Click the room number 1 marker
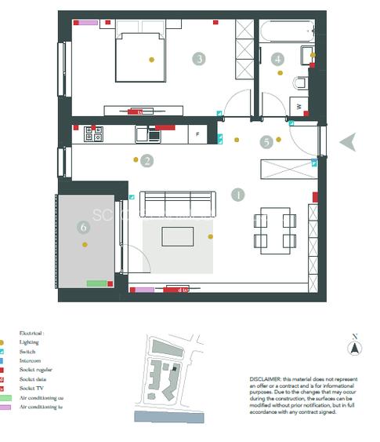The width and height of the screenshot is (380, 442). [238, 194]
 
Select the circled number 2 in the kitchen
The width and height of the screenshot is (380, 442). [147, 161]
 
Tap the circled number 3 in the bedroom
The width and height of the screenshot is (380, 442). [200, 59]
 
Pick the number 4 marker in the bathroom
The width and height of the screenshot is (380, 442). [277, 59]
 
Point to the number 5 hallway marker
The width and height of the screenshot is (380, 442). [267, 142]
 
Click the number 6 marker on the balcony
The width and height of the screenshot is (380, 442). [84, 228]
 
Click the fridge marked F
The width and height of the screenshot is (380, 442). [197, 135]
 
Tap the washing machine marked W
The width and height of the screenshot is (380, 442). [299, 105]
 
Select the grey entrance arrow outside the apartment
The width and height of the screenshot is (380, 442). [349, 141]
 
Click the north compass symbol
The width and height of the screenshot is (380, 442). [355, 348]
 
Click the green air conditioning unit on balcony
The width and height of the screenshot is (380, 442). [96, 283]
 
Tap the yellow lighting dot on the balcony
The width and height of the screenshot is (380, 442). [84, 245]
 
